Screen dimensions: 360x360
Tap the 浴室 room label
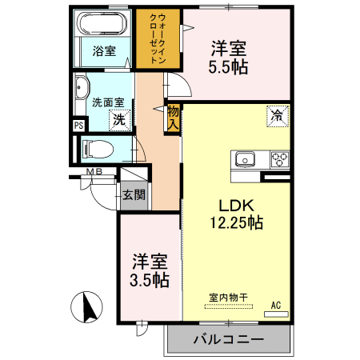click(x=103, y=52)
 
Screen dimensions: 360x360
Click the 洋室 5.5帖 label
click(x=229, y=57)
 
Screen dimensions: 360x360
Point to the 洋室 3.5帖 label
click(x=150, y=270)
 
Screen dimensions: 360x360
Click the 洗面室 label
click(x=106, y=102)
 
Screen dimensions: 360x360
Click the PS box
click(x=78, y=125)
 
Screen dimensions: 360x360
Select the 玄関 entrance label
click(x=132, y=194)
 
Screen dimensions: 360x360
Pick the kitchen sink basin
click(x=244, y=158)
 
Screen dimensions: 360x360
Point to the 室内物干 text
click(x=228, y=298)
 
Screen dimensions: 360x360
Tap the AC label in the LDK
click(x=275, y=305)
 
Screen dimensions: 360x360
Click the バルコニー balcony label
click(x=228, y=339)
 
